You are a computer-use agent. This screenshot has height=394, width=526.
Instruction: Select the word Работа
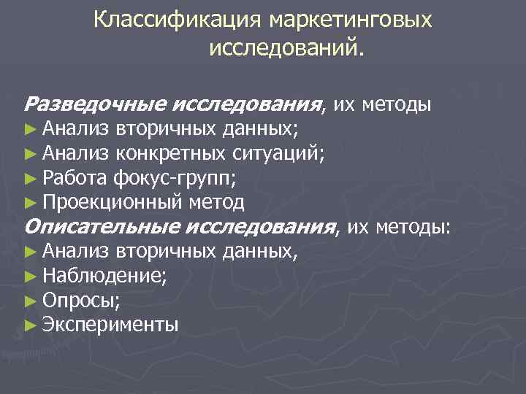tap(75, 177)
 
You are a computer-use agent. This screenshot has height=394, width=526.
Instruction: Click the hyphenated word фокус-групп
tap(174, 177)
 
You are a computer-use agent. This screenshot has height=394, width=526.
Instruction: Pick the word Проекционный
tap(113, 201)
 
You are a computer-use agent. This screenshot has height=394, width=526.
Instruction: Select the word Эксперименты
tap(110, 325)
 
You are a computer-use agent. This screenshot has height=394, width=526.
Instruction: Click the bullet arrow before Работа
tap(30, 177)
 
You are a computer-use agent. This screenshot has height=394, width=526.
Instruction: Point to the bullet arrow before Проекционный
tap(30, 201)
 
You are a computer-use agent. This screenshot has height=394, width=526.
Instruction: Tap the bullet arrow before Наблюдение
tap(30, 277)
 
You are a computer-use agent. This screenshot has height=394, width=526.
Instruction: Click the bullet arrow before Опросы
tap(30, 301)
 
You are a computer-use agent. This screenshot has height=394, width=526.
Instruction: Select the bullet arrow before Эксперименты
tap(30, 325)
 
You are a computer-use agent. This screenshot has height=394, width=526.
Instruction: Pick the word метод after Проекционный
tap(216, 201)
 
